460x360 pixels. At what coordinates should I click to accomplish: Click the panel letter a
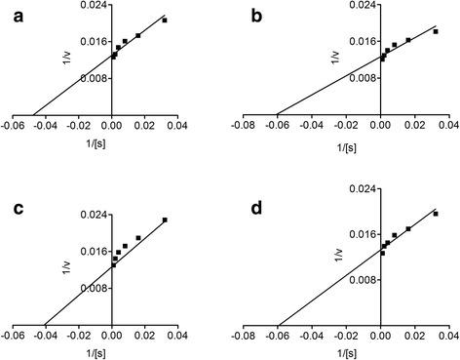[11, 16]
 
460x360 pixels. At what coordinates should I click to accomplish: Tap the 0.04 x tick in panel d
[448, 336]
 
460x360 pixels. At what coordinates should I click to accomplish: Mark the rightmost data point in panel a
[165, 20]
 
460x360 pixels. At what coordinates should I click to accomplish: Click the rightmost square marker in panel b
[436, 31]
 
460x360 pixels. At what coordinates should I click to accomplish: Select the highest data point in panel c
[165, 220]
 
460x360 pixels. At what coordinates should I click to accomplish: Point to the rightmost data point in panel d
[436, 214]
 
